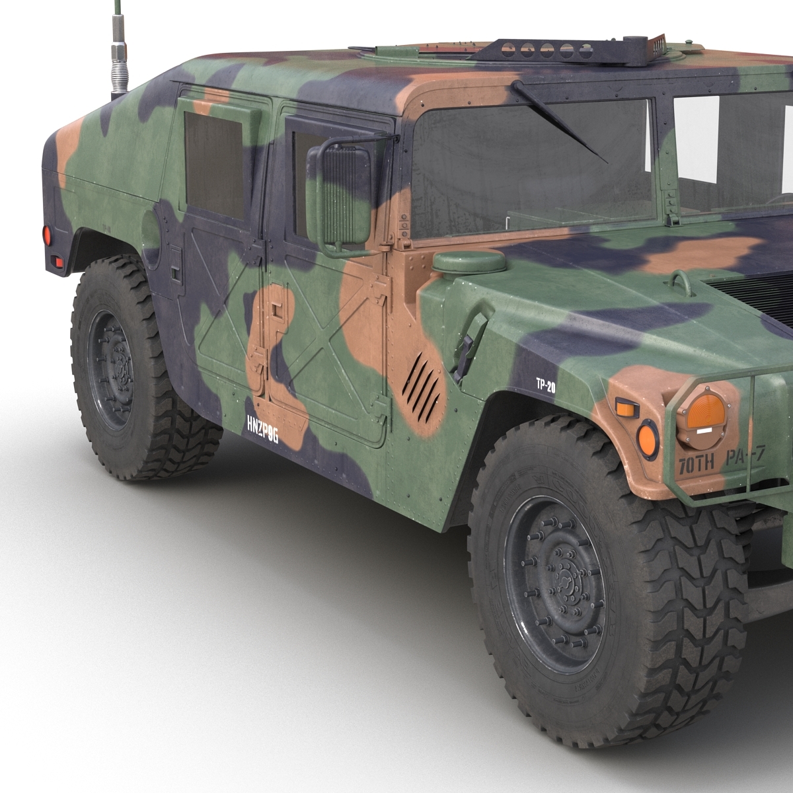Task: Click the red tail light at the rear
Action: click(47, 235)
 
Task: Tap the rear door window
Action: click(213, 165)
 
